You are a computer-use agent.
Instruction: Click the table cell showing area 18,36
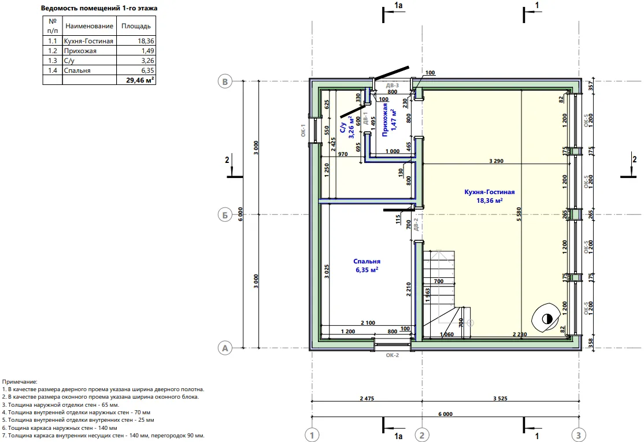pyautogui.click(x=136, y=40)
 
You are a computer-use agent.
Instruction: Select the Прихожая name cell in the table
pyautogui.click(x=90, y=50)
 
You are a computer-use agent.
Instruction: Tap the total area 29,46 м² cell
pyautogui.click(x=136, y=80)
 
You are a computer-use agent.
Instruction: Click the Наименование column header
pyautogui.click(x=90, y=26)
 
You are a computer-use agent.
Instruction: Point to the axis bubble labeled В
pyautogui.click(x=225, y=81)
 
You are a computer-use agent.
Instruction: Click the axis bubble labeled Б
pyautogui.click(x=225, y=214)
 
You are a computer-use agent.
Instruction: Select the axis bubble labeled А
pyautogui.click(x=225, y=348)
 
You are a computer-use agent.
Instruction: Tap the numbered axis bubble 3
pyautogui.click(x=579, y=435)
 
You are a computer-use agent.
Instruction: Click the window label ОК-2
pyautogui.click(x=392, y=355)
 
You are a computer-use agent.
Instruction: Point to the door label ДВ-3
pyautogui.click(x=392, y=86)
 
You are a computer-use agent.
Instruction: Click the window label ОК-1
pyautogui.click(x=303, y=131)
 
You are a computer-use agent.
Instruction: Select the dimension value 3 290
pyautogui.click(x=496, y=161)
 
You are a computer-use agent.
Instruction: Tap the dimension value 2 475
pyautogui.click(x=367, y=398)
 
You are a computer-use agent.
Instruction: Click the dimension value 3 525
pyautogui.click(x=500, y=398)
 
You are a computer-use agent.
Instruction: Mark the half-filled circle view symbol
pyautogui.click(x=546, y=318)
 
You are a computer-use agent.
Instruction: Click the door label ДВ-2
pyautogui.click(x=416, y=224)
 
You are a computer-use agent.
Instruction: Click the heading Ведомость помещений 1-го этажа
pyautogui.click(x=99, y=8)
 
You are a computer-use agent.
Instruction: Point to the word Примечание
pyautogui.click(x=20, y=382)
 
